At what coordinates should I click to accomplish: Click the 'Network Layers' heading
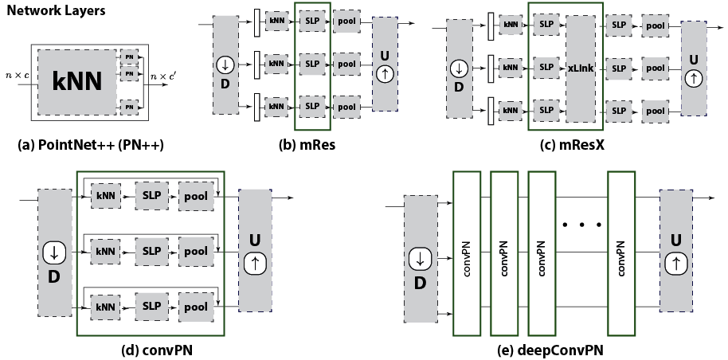tap(56, 13)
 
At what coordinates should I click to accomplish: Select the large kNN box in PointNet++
tap(76, 82)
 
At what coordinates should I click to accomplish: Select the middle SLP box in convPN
tap(151, 251)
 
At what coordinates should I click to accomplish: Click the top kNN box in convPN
tap(105, 195)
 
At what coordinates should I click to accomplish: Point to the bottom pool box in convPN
tap(195, 307)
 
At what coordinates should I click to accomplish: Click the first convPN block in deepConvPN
tap(467, 253)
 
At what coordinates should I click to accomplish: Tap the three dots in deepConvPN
tap(581, 225)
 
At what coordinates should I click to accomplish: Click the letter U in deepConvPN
tap(675, 240)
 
